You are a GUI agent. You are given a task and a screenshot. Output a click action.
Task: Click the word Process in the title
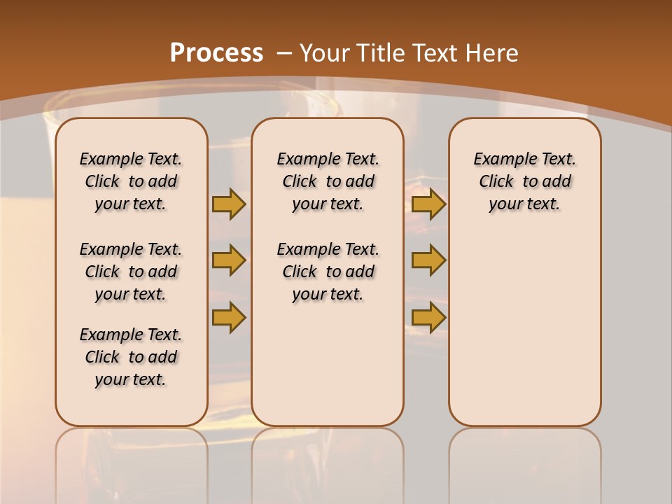[216, 53]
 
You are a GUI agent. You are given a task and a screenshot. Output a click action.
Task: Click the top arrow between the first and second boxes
[228, 204]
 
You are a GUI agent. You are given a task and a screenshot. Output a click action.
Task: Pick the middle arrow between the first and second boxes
[228, 260]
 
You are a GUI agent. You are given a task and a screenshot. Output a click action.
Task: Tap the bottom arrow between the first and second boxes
[228, 317]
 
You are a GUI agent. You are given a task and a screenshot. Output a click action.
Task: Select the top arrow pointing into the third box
[428, 204]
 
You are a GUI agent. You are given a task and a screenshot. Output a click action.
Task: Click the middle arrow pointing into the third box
[428, 260]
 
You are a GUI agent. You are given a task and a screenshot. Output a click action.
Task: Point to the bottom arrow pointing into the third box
[428, 317]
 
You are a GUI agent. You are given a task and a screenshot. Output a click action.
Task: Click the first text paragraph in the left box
[131, 181]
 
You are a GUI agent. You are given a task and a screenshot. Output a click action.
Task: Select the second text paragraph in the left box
[131, 272]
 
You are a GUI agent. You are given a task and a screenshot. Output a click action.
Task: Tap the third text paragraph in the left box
[131, 357]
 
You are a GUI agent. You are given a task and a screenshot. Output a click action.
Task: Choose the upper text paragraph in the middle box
[328, 181]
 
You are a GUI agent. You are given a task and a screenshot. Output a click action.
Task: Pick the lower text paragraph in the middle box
[328, 272]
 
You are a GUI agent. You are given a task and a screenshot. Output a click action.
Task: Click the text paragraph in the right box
[524, 181]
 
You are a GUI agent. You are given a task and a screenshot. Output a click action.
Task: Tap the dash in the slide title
[283, 53]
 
